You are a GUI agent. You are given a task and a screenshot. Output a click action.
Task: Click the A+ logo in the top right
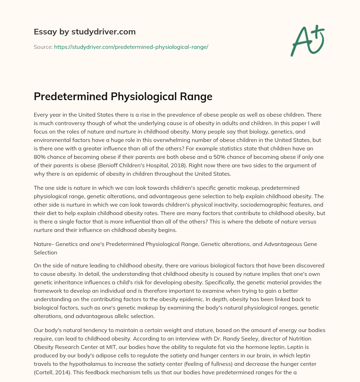tap(307, 40)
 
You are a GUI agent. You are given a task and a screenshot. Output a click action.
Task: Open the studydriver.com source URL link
tap(131, 47)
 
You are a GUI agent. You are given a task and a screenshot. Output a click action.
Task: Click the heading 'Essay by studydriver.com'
tap(85, 32)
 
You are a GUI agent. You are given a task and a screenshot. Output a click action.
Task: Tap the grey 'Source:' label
tap(43, 47)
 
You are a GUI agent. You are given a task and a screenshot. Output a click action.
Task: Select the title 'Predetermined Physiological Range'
tap(123, 96)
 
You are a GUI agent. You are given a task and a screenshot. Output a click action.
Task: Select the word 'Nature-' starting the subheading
tap(44, 244)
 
